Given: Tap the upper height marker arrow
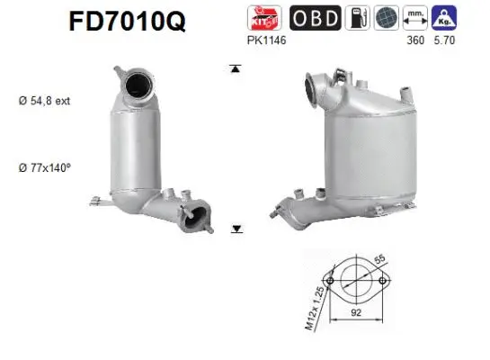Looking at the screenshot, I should [x=236, y=68].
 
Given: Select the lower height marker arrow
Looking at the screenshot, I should [x=236, y=229].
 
